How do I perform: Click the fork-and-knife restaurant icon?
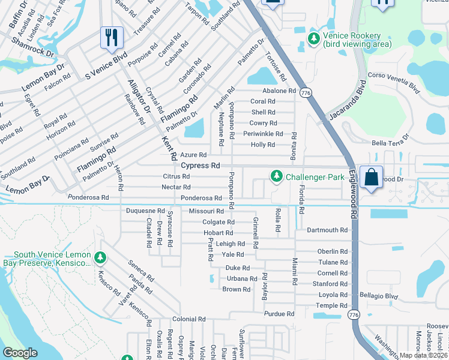[112, 37]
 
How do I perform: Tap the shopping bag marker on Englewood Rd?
[371, 177]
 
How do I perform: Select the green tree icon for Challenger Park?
[276, 176]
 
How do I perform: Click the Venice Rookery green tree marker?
[313, 38]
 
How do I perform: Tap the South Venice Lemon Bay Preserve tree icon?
[100, 258]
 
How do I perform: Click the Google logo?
[20, 353]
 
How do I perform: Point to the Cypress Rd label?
[200, 165]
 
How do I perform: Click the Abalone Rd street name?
[279, 91]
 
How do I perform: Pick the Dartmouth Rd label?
[327, 230]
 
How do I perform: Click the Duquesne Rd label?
[145, 211]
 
